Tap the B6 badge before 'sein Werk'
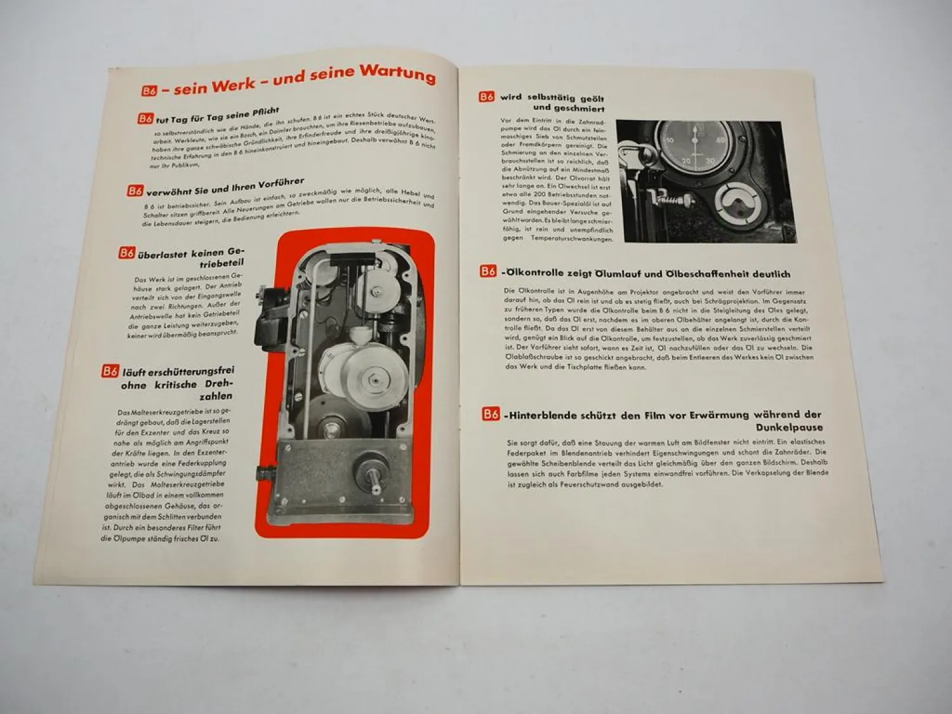[x=149, y=91]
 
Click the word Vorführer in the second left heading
[x=273, y=183]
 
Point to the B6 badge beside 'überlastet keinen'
[x=127, y=253]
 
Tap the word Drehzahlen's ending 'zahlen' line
[x=216, y=396]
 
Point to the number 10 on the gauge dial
[x=668, y=140]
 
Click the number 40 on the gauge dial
[x=719, y=140]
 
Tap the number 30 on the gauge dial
[x=710, y=162]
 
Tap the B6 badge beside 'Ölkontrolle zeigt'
[x=487, y=272]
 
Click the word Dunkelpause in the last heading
[x=789, y=428]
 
